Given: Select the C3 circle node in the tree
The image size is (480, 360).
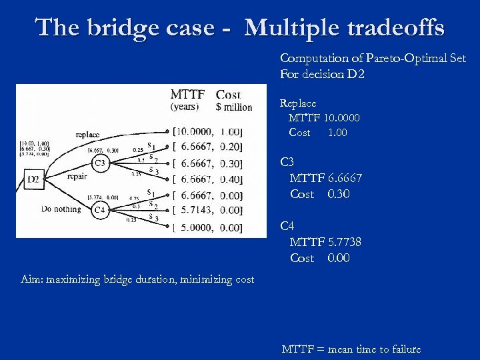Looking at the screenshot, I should coord(99,163).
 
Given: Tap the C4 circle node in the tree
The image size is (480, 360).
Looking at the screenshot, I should coord(99,211).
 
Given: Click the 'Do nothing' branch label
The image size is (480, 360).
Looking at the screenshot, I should coord(61,209).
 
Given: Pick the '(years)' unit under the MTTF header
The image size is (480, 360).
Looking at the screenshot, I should coord(184,107).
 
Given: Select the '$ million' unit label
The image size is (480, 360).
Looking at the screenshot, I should coord(234,107).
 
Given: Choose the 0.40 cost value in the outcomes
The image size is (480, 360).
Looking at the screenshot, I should coord(231,179).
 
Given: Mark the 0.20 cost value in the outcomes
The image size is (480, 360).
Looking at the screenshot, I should coord(231,147).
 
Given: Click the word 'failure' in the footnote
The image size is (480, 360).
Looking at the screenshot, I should coord(400,349).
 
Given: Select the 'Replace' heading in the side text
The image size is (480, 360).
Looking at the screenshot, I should coord(298,103).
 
